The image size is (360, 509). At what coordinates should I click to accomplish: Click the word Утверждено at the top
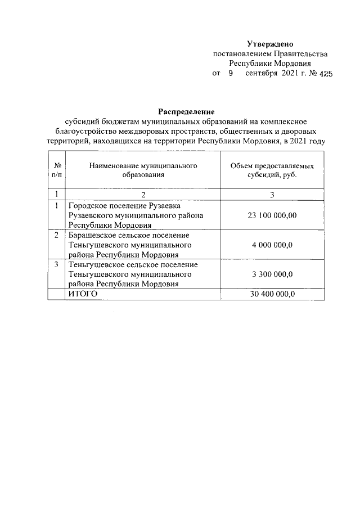pos(270,44)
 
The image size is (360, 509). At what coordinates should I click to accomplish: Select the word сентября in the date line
pos(262,74)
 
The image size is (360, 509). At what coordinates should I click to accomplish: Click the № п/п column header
pos(57,171)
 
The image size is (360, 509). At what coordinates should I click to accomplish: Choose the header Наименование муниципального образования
pos(143,171)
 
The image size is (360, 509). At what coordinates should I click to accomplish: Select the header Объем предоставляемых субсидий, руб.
pos(272,171)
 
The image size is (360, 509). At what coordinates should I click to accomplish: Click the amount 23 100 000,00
pos(272,215)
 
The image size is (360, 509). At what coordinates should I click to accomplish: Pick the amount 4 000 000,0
pos(272,245)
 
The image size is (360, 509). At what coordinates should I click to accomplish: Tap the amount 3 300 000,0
pos(272,274)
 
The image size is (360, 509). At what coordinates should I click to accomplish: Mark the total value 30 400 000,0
pos(272,294)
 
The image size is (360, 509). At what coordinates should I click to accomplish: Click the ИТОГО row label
pos(83,294)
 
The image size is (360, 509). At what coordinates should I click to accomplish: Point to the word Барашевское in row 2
pos(91,235)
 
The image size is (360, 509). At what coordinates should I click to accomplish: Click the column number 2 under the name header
pos(143,195)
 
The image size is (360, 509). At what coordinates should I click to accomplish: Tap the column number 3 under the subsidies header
pos(272,195)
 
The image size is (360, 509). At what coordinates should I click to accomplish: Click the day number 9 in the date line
pos(230,74)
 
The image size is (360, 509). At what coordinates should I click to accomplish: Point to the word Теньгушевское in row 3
pos(94,264)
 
